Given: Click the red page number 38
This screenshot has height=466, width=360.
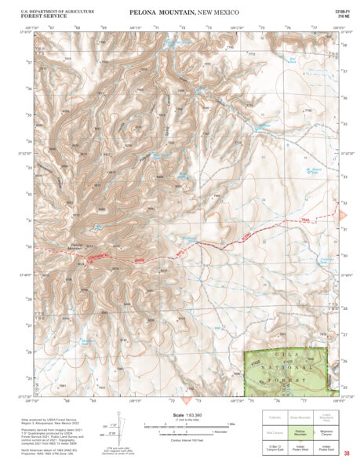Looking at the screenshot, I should click(346, 453).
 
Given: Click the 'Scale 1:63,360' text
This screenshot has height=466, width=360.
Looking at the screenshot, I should click(182, 416).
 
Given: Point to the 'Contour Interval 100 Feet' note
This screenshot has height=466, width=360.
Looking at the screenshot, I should click(182, 443).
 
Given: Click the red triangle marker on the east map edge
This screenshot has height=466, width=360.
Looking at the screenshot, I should click(343, 213).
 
